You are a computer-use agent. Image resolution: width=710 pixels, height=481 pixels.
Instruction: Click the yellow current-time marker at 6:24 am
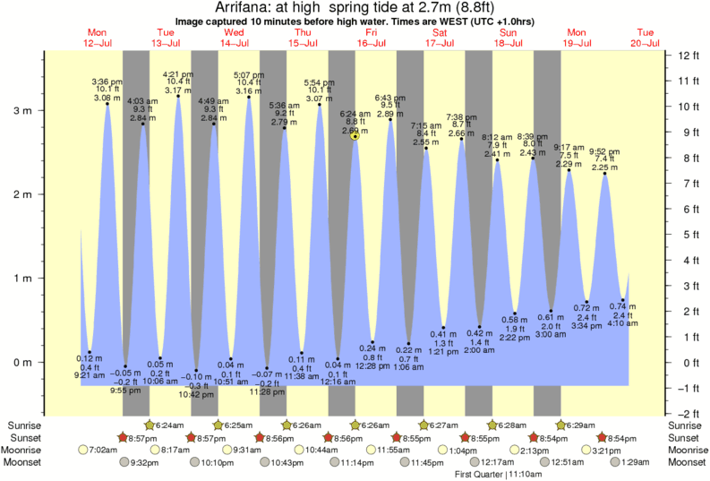click(x=355, y=136)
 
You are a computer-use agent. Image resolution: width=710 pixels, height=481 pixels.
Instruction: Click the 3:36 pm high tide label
click(x=107, y=82)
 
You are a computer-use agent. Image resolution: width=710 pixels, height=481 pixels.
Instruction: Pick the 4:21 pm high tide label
click(x=177, y=74)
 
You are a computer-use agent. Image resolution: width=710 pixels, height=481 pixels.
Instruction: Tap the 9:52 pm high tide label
click(x=605, y=151)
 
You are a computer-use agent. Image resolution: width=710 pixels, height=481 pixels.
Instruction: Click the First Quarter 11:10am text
click(x=491, y=474)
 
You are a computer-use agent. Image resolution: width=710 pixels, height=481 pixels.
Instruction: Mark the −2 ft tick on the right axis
click(x=686, y=414)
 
